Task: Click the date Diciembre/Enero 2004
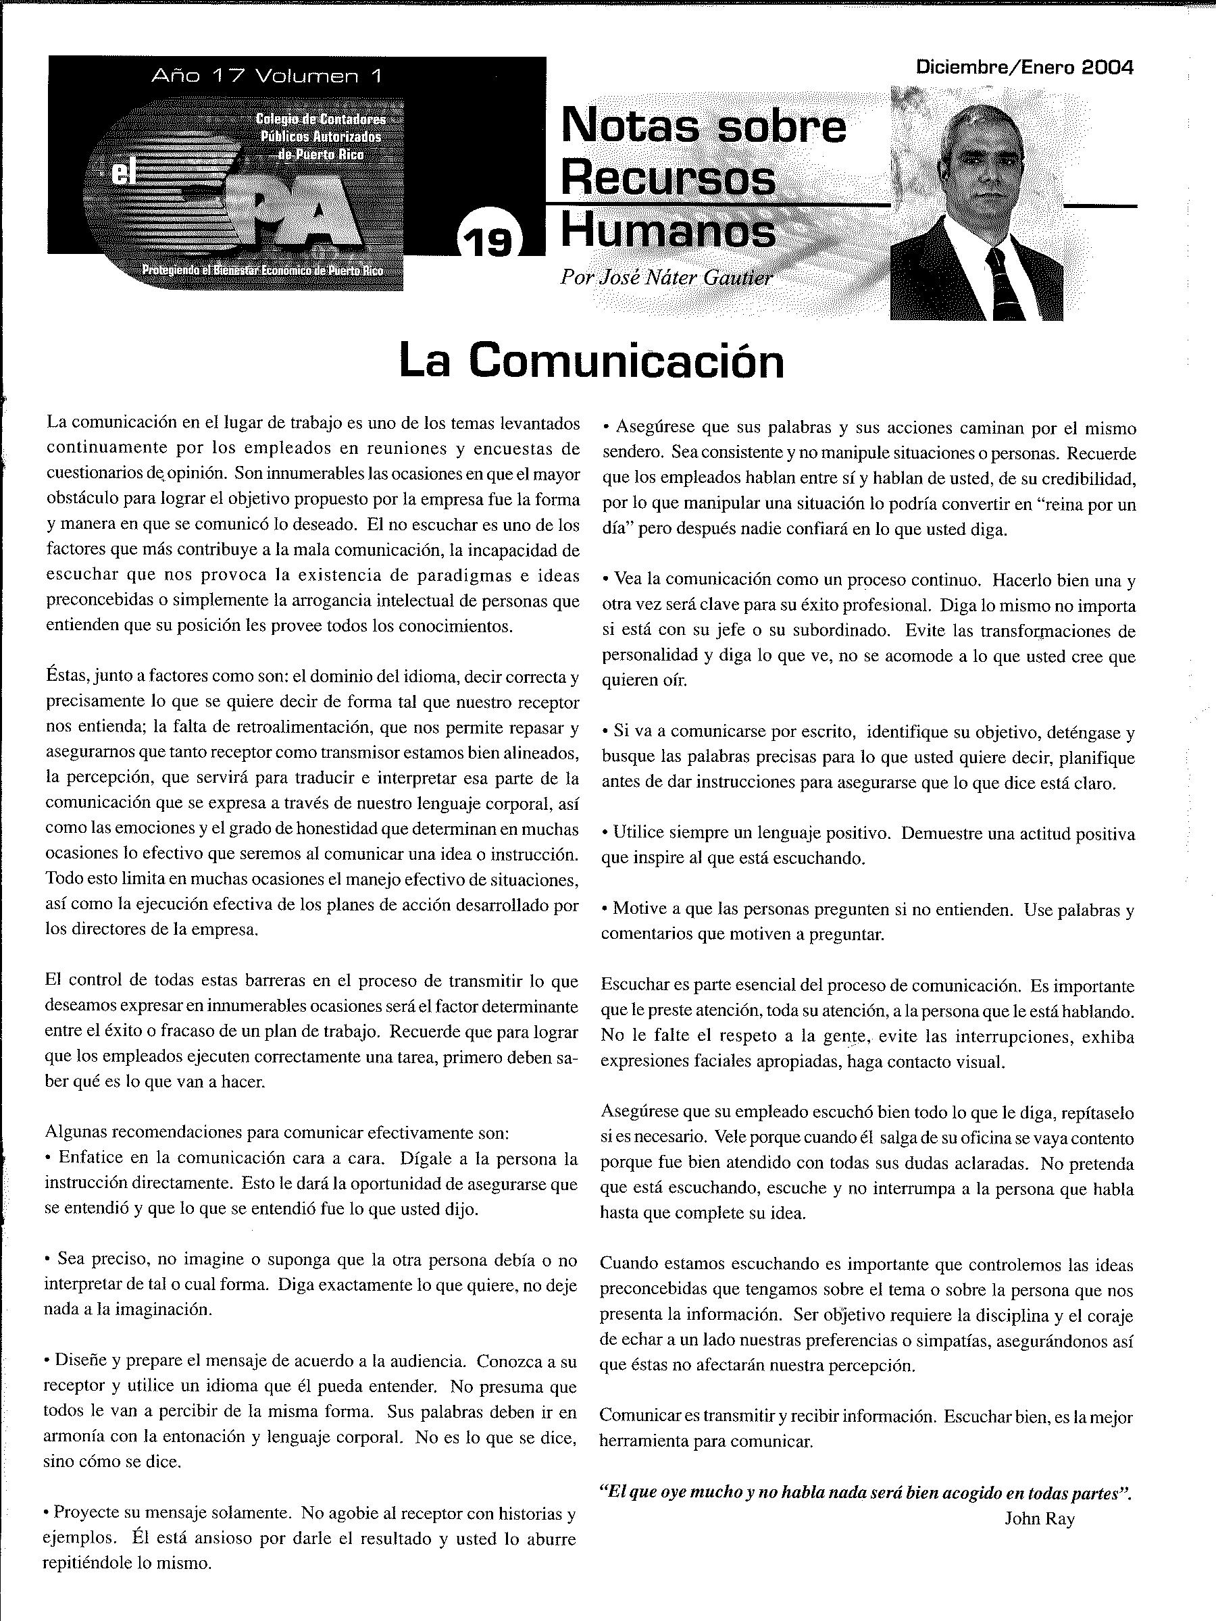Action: point(1024,68)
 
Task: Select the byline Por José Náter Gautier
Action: point(665,278)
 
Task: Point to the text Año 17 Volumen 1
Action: point(266,76)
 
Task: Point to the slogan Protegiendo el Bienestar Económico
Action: point(262,271)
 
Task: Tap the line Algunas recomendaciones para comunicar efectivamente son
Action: point(276,1132)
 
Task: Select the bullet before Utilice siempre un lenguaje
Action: point(605,833)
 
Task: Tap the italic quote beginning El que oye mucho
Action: point(865,1493)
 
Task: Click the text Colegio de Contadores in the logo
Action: point(320,120)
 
